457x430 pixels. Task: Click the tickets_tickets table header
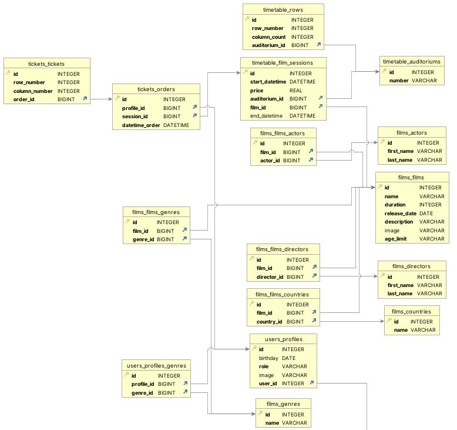46,64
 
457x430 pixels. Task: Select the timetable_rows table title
283,10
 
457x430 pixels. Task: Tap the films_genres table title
283,404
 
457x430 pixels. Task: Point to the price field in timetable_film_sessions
257,91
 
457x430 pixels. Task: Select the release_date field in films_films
400,214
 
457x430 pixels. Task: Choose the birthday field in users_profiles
268,358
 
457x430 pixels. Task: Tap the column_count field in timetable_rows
268,36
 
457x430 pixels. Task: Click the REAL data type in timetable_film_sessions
297,91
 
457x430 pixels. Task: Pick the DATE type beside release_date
426,214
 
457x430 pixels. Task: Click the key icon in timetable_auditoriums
384,72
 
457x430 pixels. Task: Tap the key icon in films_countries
388,321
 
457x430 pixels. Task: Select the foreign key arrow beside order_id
85,99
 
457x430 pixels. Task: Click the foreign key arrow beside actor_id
311,160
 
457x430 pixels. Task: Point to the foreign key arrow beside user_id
312,383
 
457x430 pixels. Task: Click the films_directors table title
411,266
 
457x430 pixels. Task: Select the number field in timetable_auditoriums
399,81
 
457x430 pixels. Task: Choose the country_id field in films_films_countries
270,322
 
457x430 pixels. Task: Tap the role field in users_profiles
264,366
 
